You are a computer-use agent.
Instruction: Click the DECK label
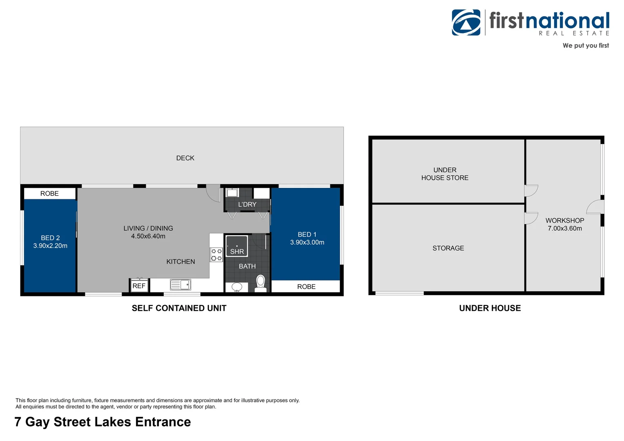click(185, 158)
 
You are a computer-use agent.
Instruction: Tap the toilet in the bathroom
click(261, 283)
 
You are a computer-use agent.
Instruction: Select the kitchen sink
click(181, 284)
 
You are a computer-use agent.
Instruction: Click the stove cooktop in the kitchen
click(216, 255)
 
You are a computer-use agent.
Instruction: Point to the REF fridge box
click(139, 286)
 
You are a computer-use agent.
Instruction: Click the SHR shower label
click(237, 252)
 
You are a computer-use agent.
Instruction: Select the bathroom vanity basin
click(237, 287)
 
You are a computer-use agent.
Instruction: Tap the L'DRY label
click(247, 204)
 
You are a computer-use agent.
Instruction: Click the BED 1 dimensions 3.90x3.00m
click(307, 243)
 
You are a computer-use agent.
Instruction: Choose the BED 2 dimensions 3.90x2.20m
click(50, 246)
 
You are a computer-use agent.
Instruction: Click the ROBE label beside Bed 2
click(49, 194)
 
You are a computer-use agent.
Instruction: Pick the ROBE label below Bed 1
click(306, 287)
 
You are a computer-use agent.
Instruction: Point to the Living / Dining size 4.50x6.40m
click(148, 236)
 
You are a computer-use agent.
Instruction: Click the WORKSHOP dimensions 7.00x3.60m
click(565, 229)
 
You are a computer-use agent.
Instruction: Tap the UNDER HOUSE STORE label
click(445, 174)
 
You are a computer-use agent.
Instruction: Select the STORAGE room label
click(448, 248)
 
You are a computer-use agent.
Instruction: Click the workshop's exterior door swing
click(595, 207)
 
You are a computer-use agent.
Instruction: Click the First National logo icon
click(466, 22)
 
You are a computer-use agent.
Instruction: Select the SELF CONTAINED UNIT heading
click(179, 308)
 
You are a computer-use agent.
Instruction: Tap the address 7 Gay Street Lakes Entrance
click(103, 422)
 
